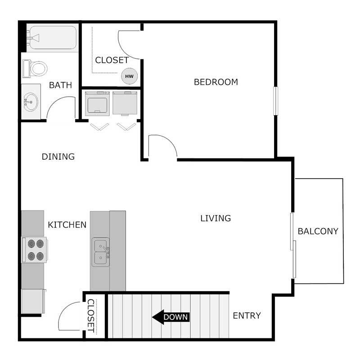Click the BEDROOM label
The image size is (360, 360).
(x=216, y=82)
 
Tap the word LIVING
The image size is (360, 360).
(x=215, y=218)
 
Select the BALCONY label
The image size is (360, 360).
(x=318, y=231)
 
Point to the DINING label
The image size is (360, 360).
(x=58, y=157)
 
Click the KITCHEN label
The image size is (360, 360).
(x=67, y=225)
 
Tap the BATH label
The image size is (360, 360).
(x=60, y=85)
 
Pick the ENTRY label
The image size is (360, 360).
(x=247, y=315)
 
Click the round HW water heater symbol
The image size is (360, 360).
(x=129, y=76)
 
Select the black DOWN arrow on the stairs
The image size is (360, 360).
(x=170, y=317)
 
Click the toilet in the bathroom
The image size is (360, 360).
(x=35, y=68)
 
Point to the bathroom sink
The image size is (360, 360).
(x=31, y=102)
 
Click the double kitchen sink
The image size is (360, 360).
(x=101, y=252)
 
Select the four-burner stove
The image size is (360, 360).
(x=35, y=250)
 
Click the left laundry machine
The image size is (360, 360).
(x=97, y=103)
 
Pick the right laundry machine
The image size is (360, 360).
(x=125, y=103)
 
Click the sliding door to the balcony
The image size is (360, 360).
(x=293, y=245)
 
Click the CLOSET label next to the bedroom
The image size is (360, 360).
(x=112, y=60)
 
